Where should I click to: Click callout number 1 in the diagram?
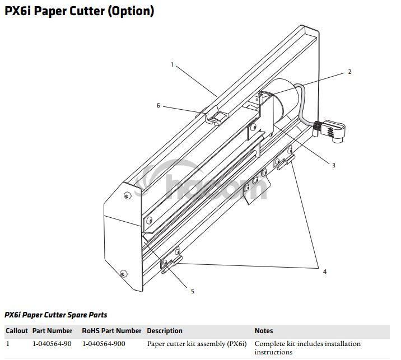(172, 65)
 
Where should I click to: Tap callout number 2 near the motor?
(349, 72)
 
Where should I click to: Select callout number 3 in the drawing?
(333, 165)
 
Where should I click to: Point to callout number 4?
(324, 272)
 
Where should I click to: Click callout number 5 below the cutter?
(192, 291)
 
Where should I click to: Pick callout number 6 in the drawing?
(158, 105)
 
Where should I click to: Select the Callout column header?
(16, 331)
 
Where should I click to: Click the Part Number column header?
(52, 331)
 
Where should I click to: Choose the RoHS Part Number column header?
(111, 331)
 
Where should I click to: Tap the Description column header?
(165, 331)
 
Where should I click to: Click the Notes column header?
(264, 331)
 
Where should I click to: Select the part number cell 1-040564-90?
(52, 343)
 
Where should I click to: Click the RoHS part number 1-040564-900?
(104, 343)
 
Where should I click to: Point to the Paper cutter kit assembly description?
(197, 343)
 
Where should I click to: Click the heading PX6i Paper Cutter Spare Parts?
(56, 315)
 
